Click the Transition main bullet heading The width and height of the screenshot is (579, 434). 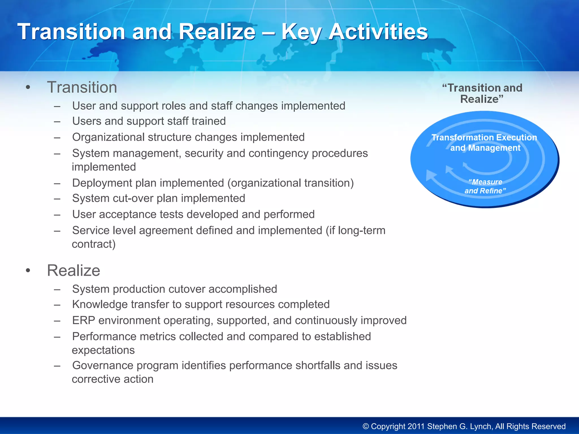click(82, 87)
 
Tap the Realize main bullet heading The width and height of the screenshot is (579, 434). click(74, 270)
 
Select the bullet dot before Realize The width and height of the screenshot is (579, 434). click(28, 271)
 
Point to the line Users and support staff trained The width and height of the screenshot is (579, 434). click(149, 121)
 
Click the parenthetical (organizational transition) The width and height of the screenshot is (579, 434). click(291, 183)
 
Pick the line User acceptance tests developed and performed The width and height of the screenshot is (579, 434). click(193, 214)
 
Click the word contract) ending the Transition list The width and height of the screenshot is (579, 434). click(94, 244)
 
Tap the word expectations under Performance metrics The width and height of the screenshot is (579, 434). click(103, 350)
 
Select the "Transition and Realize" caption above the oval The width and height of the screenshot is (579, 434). click(482, 94)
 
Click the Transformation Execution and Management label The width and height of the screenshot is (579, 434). click(484, 143)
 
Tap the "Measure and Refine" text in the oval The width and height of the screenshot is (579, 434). click(485, 186)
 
